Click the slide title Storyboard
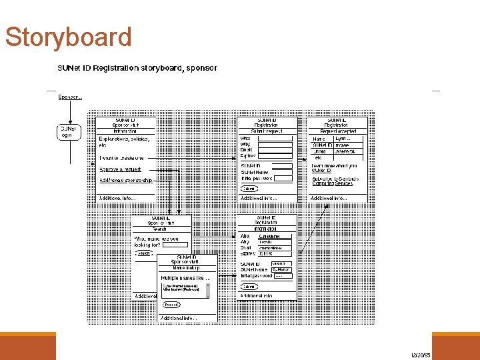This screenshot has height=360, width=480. coord(68,37)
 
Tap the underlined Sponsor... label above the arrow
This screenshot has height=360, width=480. coord(70,97)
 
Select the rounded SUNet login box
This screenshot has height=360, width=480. coord(67,131)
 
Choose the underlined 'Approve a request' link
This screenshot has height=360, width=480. coord(120,169)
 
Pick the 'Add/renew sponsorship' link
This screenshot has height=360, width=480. coord(126,180)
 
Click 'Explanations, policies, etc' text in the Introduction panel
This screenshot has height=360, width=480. coord(124,142)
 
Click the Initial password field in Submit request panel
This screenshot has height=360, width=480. coord(283,179)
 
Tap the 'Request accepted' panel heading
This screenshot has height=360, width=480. coord(336,131)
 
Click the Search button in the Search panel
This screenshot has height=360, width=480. coord(144,253)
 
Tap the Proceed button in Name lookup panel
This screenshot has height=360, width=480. coord(172,305)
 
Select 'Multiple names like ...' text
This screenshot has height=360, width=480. coord(185,278)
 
